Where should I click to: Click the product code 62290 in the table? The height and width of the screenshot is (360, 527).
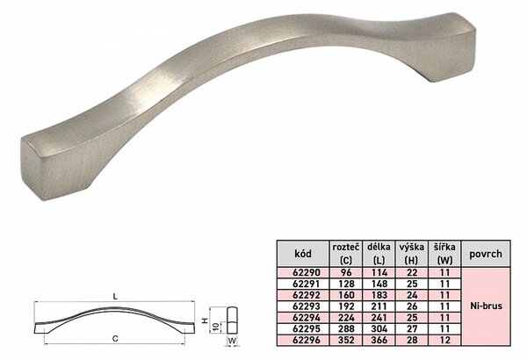click(307, 272)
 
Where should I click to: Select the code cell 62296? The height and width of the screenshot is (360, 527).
click(307, 340)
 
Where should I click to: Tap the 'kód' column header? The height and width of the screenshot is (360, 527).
click(303, 254)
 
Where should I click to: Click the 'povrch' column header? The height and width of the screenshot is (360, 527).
click(486, 254)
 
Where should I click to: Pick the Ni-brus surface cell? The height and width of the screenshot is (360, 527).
click(486, 306)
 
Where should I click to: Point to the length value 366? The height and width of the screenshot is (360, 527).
click(379, 340)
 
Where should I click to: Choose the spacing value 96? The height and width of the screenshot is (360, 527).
click(346, 272)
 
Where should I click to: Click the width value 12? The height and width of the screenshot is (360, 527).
click(444, 340)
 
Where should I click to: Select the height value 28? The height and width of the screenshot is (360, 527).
click(412, 340)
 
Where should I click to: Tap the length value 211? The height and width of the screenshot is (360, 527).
click(379, 306)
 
